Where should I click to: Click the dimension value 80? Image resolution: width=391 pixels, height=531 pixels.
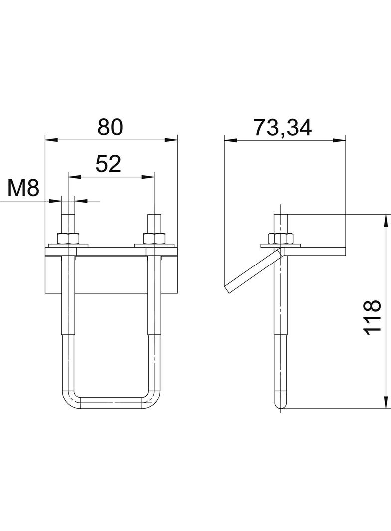pos(110,128)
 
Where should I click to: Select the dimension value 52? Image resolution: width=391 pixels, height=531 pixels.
pos(109,164)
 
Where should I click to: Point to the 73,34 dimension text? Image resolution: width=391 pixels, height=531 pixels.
pos(282,128)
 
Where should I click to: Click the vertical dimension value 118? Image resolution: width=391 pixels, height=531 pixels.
pos(373,317)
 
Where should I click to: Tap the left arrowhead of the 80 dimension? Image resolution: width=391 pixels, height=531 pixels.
pos(48,140)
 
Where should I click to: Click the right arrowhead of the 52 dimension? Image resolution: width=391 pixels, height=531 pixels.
pos(150,177)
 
